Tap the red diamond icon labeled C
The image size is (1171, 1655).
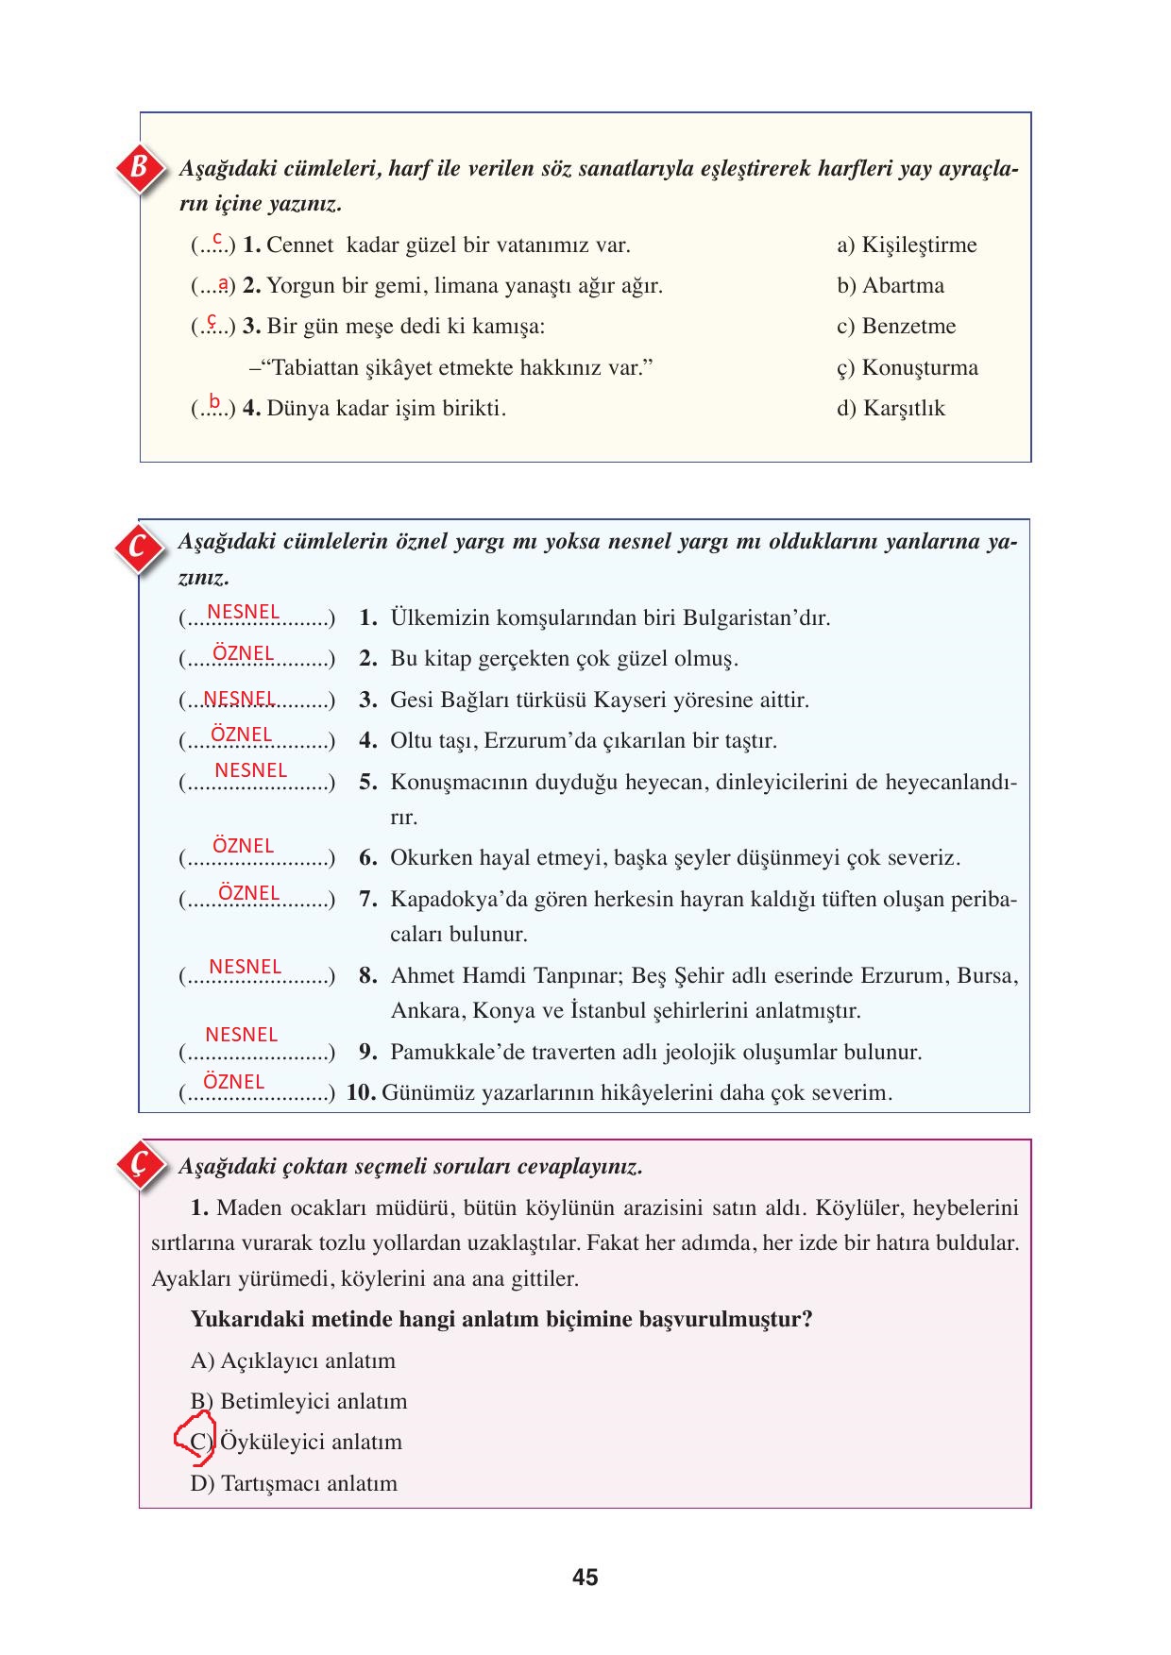(138, 546)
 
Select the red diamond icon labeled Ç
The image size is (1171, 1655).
(139, 1166)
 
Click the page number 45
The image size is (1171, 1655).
(585, 1577)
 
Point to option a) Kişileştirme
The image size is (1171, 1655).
(907, 245)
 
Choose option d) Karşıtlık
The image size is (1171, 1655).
(891, 409)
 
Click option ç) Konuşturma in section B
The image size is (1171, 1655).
(908, 367)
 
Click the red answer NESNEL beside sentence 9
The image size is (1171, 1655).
(242, 1035)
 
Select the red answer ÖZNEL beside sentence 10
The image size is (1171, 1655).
(234, 1082)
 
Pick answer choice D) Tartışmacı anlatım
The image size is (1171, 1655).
(294, 1483)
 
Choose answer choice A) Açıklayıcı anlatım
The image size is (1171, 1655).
(293, 1360)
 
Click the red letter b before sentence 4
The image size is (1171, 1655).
(214, 400)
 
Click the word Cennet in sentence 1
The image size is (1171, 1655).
(300, 245)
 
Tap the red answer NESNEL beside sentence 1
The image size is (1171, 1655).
(244, 612)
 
